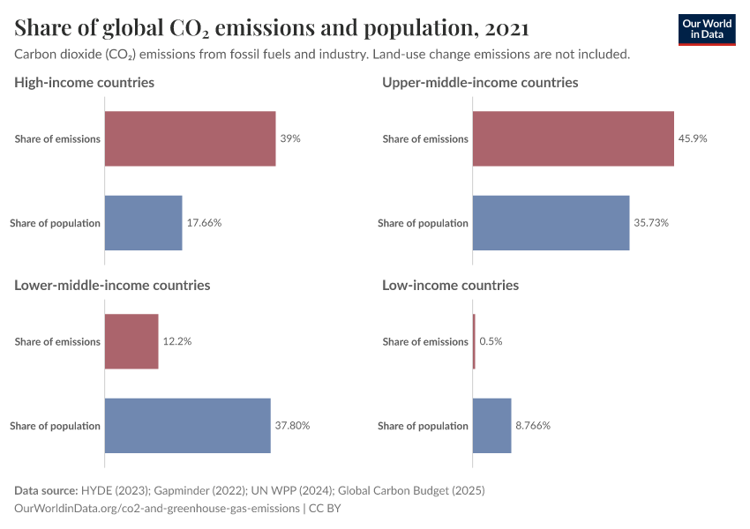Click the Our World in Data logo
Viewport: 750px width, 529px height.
pyautogui.click(x=706, y=29)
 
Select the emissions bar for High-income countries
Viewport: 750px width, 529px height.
pyautogui.click(x=190, y=138)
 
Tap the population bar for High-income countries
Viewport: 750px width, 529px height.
pyautogui.click(x=143, y=223)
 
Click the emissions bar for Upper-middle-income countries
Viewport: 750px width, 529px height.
pyautogui.click(x=573, y=138)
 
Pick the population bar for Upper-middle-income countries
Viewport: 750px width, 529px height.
pyautogui.click(x=551, y=223)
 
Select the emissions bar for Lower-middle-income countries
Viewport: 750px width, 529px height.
pyautogui.click(x=131, y=341)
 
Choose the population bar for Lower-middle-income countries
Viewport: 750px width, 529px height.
pyautogui.click(x=187, y=426)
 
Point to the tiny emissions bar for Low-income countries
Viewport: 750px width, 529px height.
pyautogui.click(x=474, y=341)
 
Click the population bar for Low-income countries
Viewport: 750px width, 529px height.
pyautogui.click(x=491, y=426)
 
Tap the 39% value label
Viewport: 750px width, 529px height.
pyautogui.click(x=290, y=138)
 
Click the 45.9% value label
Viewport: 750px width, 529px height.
pyautogui.click(x=693, y=138)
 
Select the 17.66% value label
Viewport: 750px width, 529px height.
pyautogui.click(x=204, y=223)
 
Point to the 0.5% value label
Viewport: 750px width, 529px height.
pyautogui.click(x=491, y=341)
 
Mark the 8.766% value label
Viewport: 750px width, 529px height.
pyautogui.click(x=533, y=426)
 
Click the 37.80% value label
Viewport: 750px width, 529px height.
pyautogui.click(x=292, y=426)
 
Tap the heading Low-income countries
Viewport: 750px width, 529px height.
pyautogui.click(x=450, y=286)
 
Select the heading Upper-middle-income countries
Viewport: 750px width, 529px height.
pyautogui.click(x=480, y=83)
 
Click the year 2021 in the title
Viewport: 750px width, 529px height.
pyautogui.click(x=506, y=28)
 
